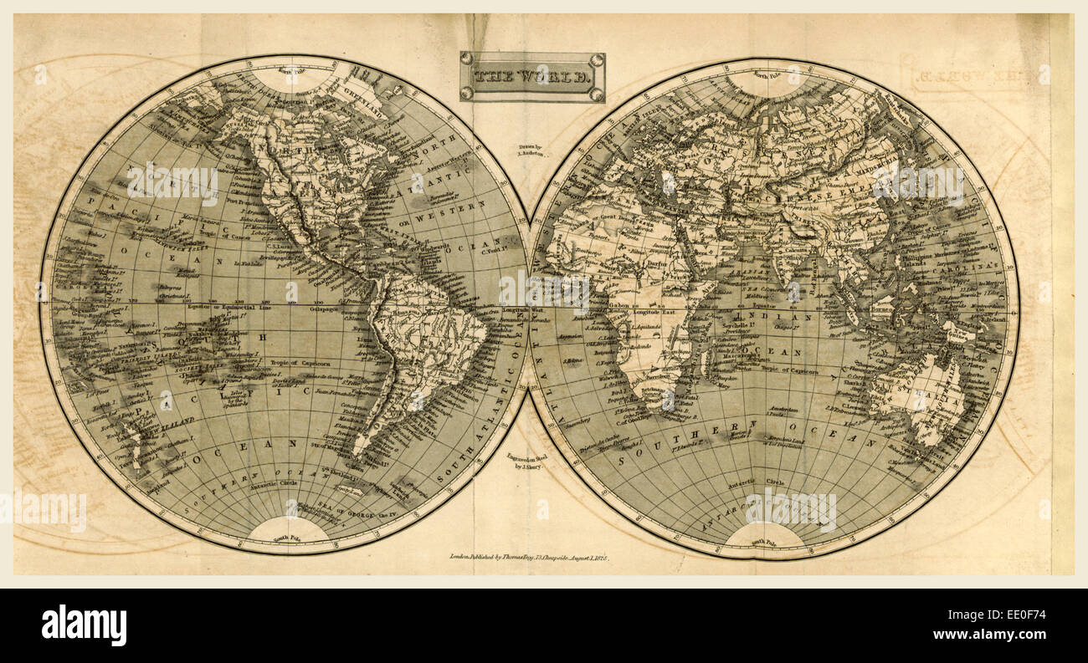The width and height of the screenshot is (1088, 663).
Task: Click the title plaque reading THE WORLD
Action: (532, 77)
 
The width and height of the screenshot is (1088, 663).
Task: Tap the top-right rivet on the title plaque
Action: (596, 59)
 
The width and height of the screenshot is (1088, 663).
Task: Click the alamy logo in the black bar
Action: (84, 625)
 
